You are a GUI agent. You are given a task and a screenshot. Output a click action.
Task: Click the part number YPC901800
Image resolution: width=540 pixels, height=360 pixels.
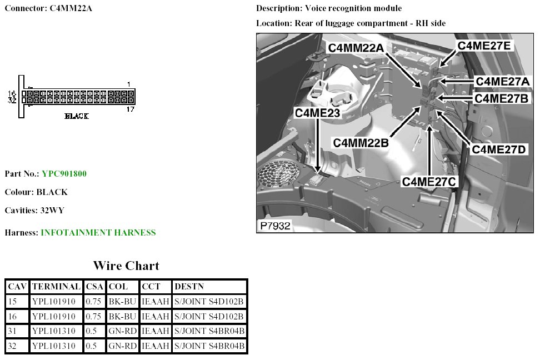point(64,174)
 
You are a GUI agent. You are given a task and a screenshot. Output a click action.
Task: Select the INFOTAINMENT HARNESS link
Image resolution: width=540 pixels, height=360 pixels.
point(98,233)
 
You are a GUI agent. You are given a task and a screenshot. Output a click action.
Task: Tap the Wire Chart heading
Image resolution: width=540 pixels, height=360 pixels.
point(126,266)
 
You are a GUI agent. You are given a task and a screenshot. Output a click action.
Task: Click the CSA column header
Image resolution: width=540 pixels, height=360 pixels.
point(94,287)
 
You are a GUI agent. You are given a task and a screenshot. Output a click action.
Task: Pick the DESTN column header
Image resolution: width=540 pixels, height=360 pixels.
point(189,287)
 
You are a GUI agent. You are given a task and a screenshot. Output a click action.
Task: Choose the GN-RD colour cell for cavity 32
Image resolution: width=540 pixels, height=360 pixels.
point(122,346)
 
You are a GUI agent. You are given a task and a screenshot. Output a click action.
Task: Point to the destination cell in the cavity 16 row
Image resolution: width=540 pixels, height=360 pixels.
point(209,317)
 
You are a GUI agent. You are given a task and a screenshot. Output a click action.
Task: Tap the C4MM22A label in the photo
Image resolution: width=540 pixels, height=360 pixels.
point(356,48)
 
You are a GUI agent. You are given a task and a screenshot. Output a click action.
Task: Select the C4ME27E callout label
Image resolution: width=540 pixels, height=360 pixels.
point(483,46)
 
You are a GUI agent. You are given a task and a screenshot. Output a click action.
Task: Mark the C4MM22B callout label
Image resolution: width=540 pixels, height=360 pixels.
point(361,143)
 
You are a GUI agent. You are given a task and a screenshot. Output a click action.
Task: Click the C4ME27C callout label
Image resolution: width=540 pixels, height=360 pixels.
point(429,181)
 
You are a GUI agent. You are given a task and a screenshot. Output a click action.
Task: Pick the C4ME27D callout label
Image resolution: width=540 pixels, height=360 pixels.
point(499,149)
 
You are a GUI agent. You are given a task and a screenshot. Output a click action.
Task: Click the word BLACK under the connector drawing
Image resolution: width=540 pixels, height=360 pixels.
point(77,116)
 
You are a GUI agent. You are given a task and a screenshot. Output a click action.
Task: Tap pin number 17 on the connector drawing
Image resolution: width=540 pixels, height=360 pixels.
point(129,109)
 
